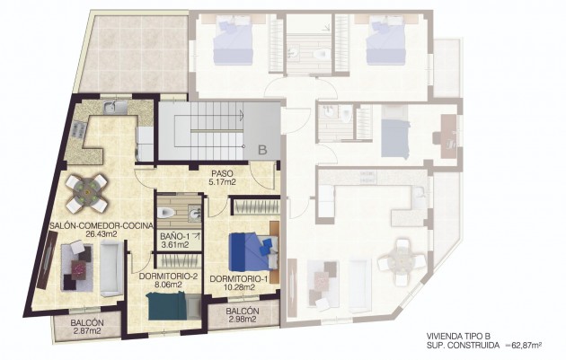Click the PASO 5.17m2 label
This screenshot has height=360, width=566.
coord(222,178)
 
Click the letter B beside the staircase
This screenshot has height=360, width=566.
coord(263,150)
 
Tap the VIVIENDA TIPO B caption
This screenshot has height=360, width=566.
coord(458,335)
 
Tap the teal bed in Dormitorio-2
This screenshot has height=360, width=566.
coord(167,305)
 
